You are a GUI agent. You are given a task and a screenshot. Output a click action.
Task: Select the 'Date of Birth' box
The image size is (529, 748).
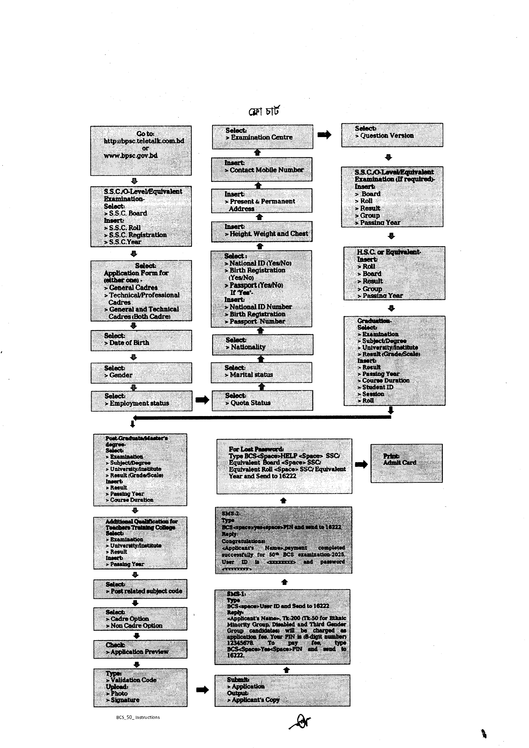tap(141, 340)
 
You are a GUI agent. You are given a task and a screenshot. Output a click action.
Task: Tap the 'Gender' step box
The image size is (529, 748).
tap(141, 373)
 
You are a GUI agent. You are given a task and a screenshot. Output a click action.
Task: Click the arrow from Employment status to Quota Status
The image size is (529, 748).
tap(202, 400)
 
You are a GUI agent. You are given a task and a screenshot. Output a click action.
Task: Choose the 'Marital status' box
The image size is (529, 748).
tap(261, 372)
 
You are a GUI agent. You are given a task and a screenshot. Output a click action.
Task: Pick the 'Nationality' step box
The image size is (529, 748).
tap(262, 344)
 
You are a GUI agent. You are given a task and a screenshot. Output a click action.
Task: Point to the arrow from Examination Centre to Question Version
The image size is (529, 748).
tap(324, 135)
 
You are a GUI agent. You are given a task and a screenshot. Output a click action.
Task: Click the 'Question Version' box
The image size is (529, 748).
tap(392, 135)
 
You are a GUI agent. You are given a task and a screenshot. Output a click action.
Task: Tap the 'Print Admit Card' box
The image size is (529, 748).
tap(406, 463)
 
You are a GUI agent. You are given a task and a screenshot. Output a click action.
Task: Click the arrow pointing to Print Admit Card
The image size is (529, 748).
tap(361, 464)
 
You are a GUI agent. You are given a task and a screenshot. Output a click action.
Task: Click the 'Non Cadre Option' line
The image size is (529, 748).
tap(136, 625)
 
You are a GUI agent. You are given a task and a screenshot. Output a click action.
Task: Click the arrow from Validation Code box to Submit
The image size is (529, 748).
tap(202, 690)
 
